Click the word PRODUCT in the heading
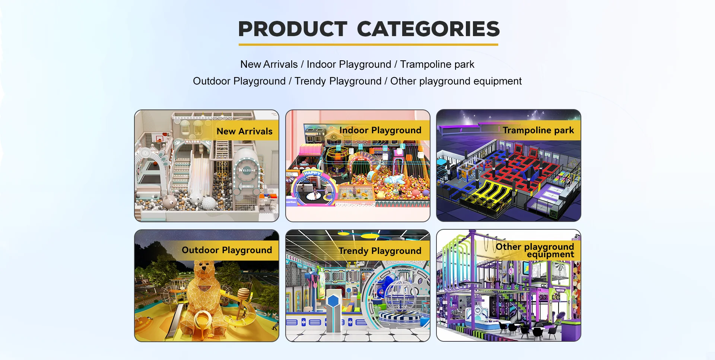pos(293,29)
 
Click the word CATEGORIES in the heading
pos(428,29)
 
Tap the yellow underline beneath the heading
pos(368,45)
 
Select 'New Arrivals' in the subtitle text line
pos(269,64)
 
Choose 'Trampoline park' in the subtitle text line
pos(437,64)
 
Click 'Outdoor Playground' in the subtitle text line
pos(239,81)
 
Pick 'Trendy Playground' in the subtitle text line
pos(338,81)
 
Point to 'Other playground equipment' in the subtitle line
pos(456,81)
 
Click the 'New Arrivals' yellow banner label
pos(245,131)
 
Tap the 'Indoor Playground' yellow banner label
pos(380,130)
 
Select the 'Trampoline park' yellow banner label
pos(538,130)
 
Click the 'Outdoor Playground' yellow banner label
pos(227,250)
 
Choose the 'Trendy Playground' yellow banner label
pos(380,251)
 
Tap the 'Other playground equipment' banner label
pos(535,250)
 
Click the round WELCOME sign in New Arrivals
pos(247,170)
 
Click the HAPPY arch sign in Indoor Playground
pos(312,173)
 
